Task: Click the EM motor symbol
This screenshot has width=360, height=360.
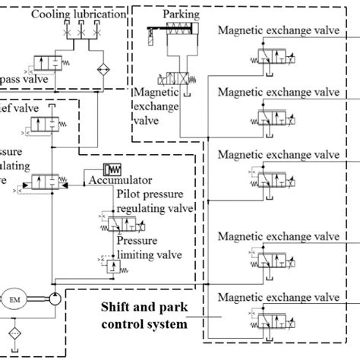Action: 16,298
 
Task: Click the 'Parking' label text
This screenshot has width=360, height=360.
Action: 182,14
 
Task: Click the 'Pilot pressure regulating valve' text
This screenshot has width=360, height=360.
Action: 155,201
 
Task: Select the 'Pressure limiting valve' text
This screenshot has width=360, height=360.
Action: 149,248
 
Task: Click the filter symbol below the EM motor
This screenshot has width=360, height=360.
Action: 16,335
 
